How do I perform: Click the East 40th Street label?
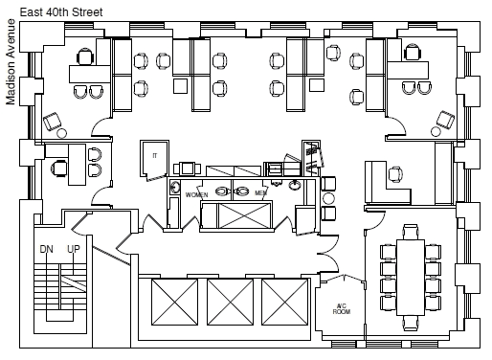click(61, 12)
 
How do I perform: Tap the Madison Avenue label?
click(11, 62)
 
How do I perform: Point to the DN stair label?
click(47, 249)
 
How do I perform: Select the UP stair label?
click(74, 249)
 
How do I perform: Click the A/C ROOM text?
click(342, 309)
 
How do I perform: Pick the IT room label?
click(155, 156)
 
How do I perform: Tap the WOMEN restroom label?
click(196, 194)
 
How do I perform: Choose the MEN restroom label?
click(260, 193)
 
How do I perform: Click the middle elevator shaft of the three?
click(230, 302)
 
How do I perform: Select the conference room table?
click(411, 278)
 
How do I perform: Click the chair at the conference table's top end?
click(411, 232)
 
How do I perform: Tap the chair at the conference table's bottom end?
click(411, 323)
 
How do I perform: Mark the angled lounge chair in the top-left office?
click(52, 122)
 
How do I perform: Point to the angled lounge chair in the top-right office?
click(446, 120)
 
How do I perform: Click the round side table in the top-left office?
click(61, 133)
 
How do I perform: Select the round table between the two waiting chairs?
click(328, 198)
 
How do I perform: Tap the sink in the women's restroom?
click(174, 187)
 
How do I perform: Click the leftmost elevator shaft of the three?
click(174, 302)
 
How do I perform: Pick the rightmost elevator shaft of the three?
click(285, 302)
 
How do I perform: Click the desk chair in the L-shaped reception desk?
click(395, 174)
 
